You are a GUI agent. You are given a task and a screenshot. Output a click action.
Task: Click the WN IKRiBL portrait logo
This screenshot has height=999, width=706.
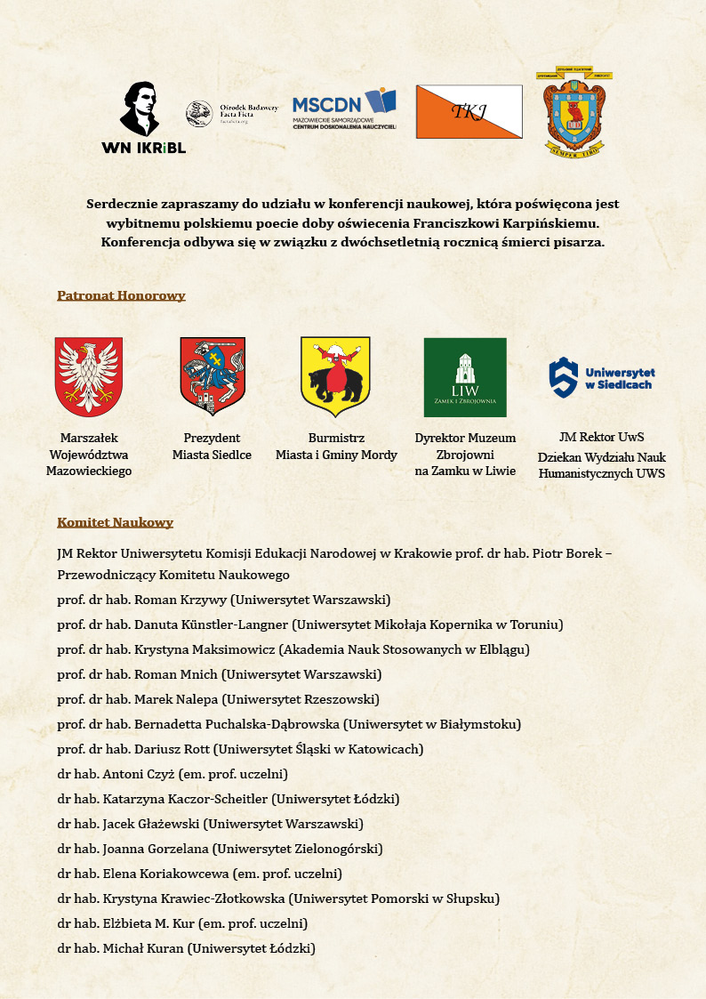pos(143,117)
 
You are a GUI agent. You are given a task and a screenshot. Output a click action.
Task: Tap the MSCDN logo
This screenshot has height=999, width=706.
pos(344,109)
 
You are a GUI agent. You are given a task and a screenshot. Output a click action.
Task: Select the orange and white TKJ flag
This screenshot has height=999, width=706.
pos(469,112)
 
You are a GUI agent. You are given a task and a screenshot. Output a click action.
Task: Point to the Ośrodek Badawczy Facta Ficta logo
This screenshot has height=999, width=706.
pos(232,114)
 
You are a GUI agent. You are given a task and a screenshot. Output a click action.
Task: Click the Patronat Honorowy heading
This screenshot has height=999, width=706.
pos(121,295)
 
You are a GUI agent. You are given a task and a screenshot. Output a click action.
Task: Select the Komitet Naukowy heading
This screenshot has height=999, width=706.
pos(115,522)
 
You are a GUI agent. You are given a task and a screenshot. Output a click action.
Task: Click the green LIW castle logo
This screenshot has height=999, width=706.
pos(465,377)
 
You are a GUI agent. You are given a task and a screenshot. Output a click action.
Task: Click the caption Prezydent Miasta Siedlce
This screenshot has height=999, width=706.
pos(212,447)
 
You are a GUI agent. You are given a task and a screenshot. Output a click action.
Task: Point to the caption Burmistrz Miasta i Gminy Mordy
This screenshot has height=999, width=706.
pos(336,447)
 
